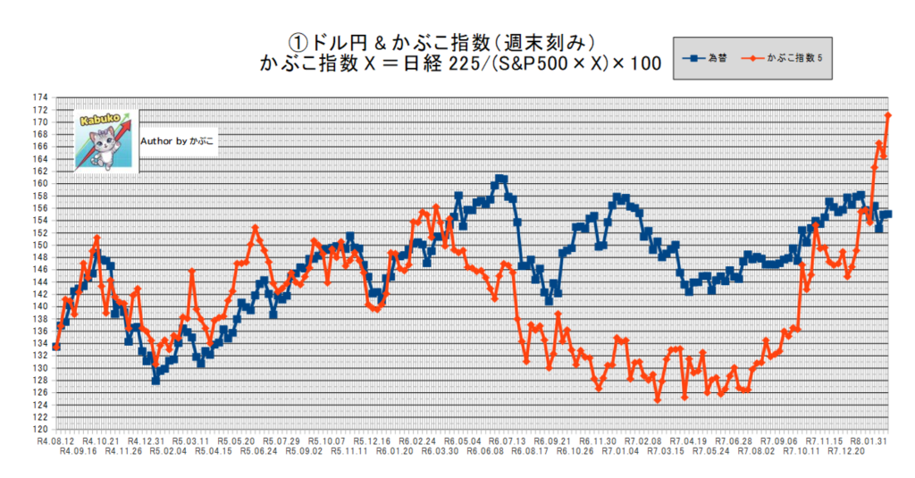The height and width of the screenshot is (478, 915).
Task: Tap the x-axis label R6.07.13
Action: (x=507, y=441)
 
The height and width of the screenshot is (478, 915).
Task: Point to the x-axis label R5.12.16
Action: (x=371, y=441)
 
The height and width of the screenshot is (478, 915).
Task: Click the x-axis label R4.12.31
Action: (x=145, y=441)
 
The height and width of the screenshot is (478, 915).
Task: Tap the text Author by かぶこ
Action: (x=178, y=141)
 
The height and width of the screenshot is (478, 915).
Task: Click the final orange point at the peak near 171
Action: (x=888, y=115)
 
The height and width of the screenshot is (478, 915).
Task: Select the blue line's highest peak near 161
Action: (x=500, y=179)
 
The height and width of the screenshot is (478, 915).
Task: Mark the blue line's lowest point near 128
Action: (x=155, y=381)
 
